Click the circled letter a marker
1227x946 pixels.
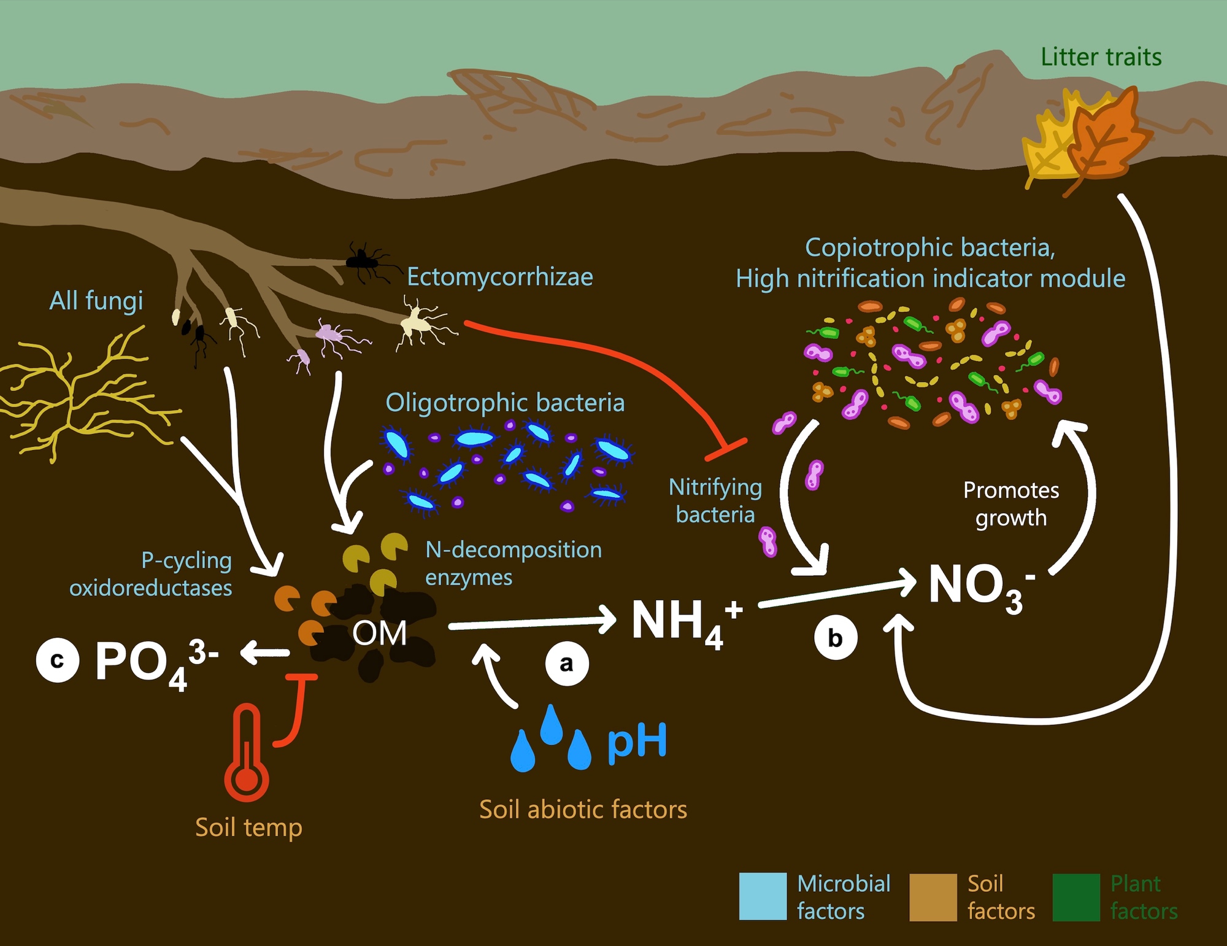point(567,663)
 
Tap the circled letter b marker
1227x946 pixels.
point(836,638)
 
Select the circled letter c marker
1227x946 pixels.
point(58,661)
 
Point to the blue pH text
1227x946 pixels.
point(637,742)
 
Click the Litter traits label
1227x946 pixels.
point(1101,57)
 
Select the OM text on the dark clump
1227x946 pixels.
point(379,633)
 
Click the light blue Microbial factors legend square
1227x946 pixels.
point(763,896)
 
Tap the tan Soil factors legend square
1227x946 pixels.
point(933,897)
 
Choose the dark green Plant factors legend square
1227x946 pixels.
point(1076,897)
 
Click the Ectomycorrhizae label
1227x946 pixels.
point(499,277)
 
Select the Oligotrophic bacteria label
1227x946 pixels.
point(505,403)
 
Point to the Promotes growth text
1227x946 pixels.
point(1011,503)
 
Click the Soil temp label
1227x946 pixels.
point(248,828)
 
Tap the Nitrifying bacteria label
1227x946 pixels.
point(715,500)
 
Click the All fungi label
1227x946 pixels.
point(96,301)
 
